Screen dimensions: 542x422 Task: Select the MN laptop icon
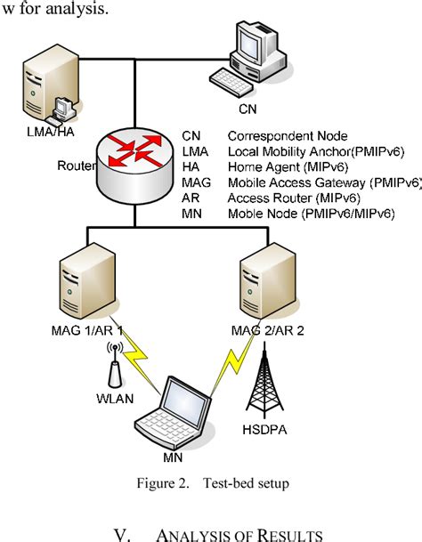[x=173, y=419]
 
